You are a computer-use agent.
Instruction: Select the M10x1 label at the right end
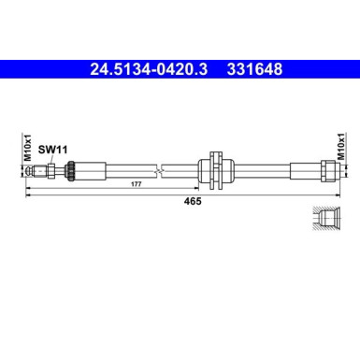pos(340,150)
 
